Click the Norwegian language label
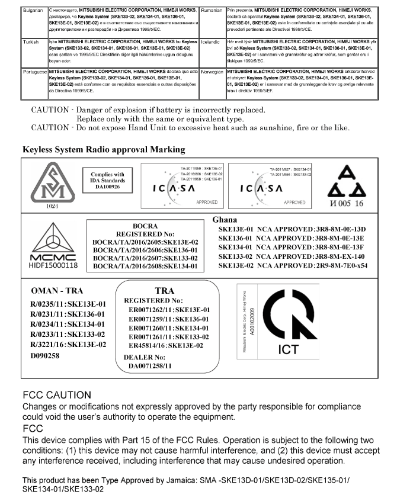[x=213, y=70]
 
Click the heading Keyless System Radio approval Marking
[x=104, y=149]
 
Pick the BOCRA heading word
[x=145, y=226]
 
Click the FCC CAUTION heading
[x=57, y=395]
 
